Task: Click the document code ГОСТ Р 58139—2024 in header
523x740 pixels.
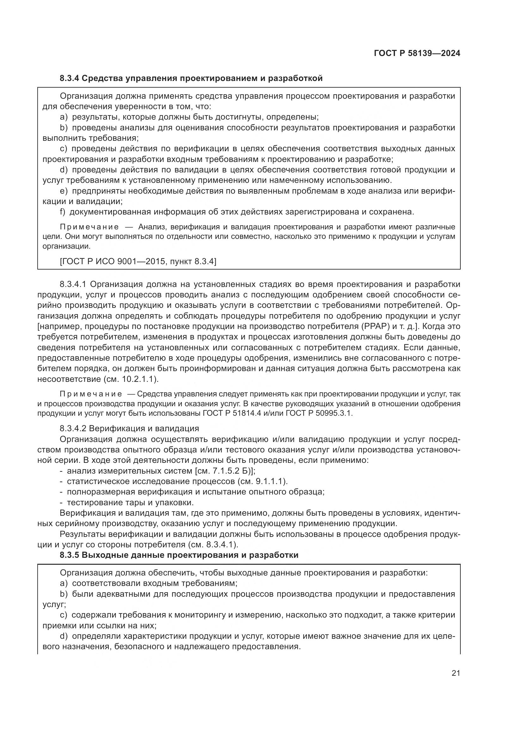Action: [x=417, y=53]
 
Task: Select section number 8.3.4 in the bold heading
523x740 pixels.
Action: [x=70, y=78]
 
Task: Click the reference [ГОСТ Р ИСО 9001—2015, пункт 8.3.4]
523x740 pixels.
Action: [x=138, y=261]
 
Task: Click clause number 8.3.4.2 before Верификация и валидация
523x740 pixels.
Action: [x=73, y=429]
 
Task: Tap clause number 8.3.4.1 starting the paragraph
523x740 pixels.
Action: [x=73, y=284]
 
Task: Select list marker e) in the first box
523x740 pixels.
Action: [x=64, y=191]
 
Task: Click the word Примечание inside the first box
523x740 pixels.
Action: [x=89, y=227]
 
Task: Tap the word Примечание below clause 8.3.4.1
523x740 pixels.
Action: [x=90, y=394]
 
